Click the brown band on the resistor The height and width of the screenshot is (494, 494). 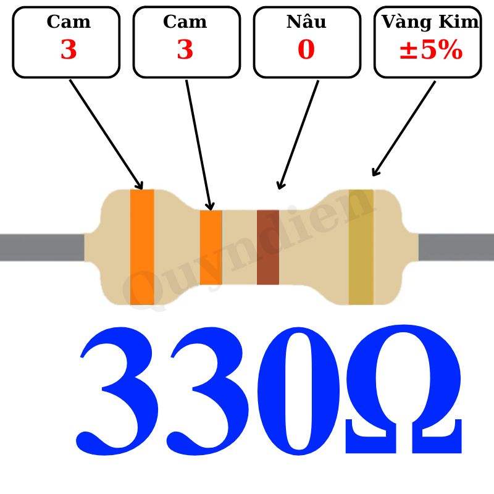click(268, 247)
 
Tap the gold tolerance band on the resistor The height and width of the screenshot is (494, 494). click(361, 247)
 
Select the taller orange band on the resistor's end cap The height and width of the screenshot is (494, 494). click(142, 247)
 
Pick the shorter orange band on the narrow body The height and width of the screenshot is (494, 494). click(211, 247)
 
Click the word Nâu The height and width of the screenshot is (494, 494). click(306, 22)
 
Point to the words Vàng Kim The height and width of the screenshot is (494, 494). click(430, 22)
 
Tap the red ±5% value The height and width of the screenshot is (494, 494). click(430, 51)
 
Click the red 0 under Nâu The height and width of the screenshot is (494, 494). click(306, 51)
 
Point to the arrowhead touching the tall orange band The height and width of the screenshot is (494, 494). click(140, 185)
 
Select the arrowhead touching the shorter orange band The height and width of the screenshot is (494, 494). click(210, 206)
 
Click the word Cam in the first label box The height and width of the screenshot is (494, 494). click(69, 22)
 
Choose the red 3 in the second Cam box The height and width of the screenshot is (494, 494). click(185, 51)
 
